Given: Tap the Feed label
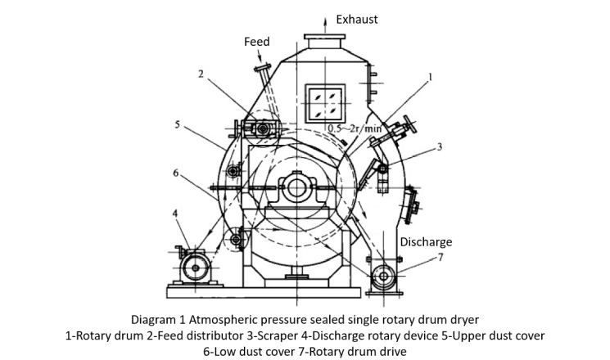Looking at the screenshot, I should (256, 42).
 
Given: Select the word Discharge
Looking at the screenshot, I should (426, 242).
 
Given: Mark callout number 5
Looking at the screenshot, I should (178, 125).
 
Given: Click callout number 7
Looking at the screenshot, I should (441, 258).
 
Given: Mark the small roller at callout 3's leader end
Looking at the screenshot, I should (382, 168).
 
